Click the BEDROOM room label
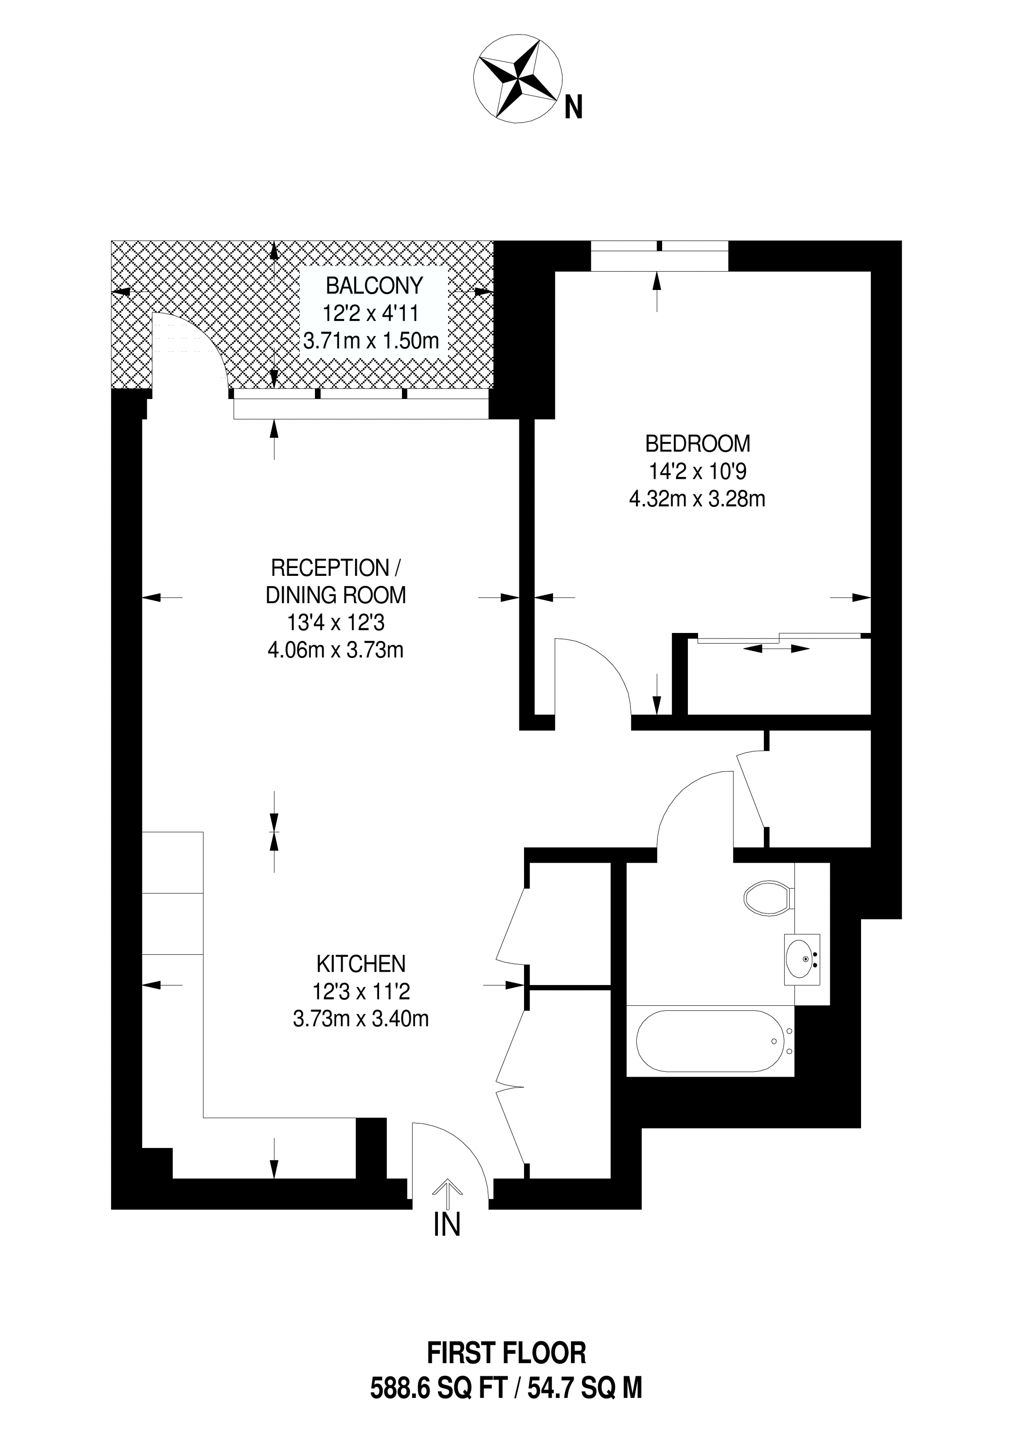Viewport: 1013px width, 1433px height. coord(697,444)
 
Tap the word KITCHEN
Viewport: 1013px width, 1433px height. coord(361,964)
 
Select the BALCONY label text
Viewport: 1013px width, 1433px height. coord(374,286)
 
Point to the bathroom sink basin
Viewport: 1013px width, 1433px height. coord(802,959)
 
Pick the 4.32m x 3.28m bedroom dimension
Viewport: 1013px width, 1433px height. coord(697,499)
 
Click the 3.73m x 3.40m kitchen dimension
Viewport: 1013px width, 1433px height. coord(361,1019)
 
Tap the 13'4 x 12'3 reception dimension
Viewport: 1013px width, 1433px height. coord(336,623)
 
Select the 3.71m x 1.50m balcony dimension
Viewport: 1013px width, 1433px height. coord(372,341)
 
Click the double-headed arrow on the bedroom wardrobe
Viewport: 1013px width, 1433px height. coord(776,649)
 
